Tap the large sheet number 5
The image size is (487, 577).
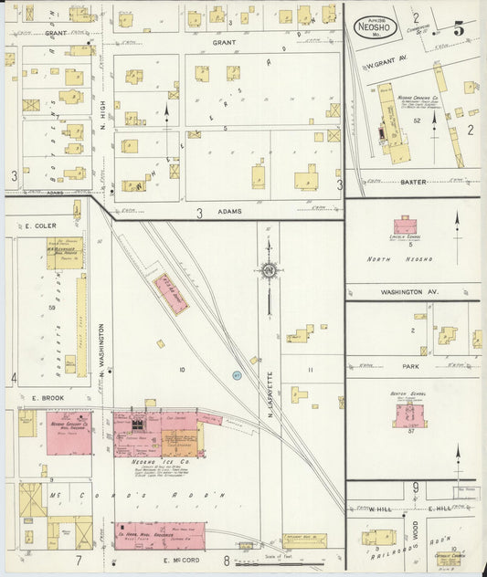pos(458,28)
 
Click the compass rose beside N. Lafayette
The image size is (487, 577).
pos(269,270)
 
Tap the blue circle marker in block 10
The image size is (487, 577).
pos(236,374)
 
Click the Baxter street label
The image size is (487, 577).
pos(412,181)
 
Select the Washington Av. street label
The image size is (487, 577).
pos(403,292)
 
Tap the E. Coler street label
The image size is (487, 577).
pos(41,226)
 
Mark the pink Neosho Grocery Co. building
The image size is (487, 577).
pos(69,434)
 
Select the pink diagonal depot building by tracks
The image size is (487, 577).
pos(170,294)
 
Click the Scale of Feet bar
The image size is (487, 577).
pos(265,561)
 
